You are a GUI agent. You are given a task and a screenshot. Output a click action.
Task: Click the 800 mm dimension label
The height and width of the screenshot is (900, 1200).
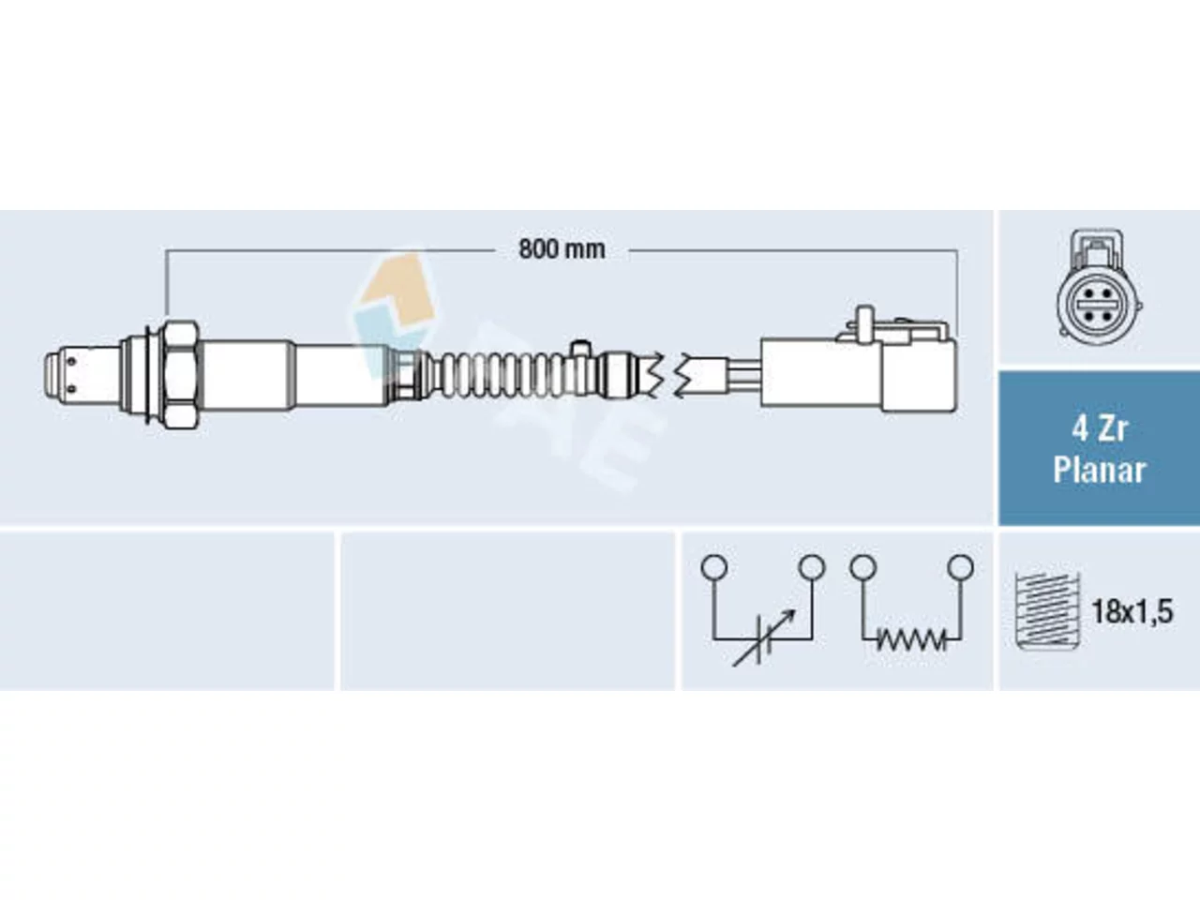tap(562, 249)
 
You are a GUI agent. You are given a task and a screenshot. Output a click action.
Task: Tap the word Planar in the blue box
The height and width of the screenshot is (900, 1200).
tap(1099, 470)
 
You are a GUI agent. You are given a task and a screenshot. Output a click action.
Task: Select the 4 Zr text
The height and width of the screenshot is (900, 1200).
tap(1100, 429)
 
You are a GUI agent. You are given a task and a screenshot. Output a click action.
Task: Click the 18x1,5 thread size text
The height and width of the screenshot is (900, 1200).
tap(1132, 611)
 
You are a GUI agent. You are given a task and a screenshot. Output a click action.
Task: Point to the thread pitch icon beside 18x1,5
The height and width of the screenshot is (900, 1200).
tap(1047, 611)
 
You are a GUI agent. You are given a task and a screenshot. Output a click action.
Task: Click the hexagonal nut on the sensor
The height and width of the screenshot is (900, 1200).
tap(181, 374)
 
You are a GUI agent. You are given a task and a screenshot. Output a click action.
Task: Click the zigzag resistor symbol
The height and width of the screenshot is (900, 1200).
tap(911, 640)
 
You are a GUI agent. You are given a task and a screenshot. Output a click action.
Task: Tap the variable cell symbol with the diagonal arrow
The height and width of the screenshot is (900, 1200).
tap(763, 637)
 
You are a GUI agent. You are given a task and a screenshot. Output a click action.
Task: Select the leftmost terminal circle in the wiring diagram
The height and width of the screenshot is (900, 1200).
tap(714, 567)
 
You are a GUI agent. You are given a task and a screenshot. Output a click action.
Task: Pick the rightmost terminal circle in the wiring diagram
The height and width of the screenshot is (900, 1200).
tap(961, 567)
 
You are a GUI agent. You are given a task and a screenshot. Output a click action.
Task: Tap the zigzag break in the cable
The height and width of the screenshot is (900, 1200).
tap(667, 374)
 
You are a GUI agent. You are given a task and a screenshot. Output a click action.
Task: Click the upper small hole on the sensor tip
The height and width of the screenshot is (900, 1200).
tap(70, 361)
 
